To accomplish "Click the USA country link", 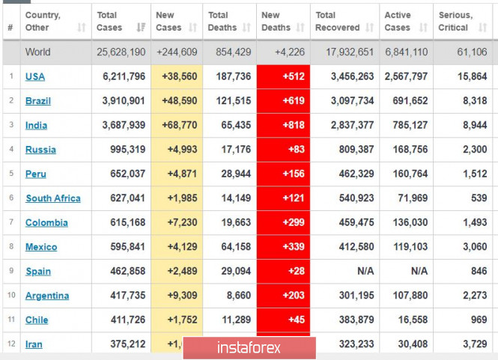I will point(34,76).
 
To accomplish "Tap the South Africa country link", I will point(52,198).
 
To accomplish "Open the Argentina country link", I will point(47,296).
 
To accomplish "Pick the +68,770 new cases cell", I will point(177,125).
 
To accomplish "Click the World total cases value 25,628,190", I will point(121,52).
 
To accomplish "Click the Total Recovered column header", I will point(336,21).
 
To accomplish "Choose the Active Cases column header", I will point(397,21).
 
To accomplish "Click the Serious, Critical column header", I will point(455,21).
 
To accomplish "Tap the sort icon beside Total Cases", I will point(141,28).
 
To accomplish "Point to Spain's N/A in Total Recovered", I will point(365,271).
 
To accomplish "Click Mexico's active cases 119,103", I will point(407,247).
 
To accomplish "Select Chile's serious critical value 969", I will point(479,320).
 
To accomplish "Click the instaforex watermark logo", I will point(249,348).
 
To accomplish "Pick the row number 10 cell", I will point(11,296).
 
